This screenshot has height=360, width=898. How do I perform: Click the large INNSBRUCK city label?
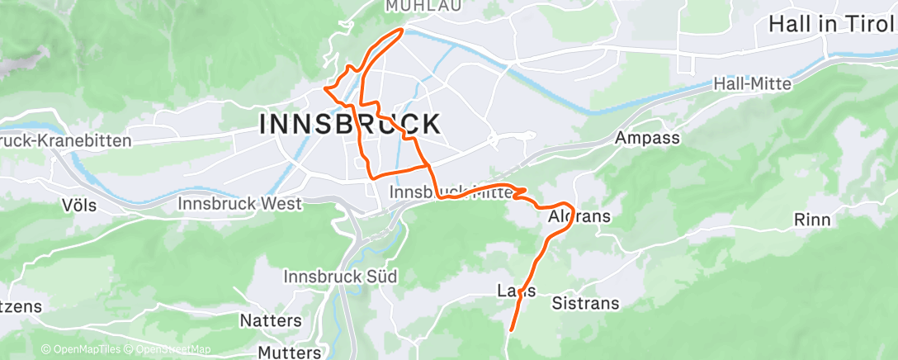pos(350,125)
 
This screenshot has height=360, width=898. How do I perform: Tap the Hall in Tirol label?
pos(832,24)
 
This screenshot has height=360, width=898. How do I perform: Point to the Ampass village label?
pos(647,138)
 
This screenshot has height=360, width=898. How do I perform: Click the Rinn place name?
pos(811,220)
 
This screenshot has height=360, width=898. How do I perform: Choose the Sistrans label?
pos(584,303)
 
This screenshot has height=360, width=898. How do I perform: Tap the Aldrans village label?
pos(579,217)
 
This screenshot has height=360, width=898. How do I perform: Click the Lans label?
pos(518,291)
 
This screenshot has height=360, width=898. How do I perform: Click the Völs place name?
pos(79,204)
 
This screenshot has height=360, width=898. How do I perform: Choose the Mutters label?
pos(289,353)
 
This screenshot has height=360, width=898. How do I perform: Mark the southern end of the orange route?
pos(511,330)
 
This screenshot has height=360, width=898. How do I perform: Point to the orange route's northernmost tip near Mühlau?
pos(402,30)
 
